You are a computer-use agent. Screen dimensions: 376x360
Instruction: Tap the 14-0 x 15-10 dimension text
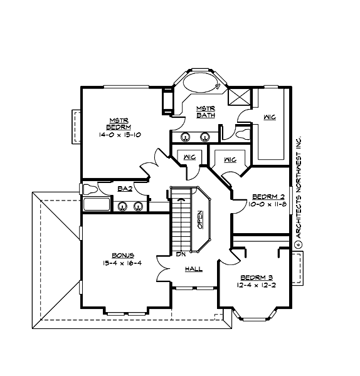(119, 135)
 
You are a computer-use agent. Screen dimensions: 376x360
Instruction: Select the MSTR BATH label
(206, 111)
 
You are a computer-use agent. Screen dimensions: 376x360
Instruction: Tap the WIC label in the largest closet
(270, 117)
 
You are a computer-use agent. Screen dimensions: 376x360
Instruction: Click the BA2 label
(124, 189)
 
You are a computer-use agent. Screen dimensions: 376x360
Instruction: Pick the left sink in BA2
(121, 205)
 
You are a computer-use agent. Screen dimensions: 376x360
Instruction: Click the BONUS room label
(122, 255)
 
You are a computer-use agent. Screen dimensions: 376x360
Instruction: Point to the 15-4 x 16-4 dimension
(122, 264)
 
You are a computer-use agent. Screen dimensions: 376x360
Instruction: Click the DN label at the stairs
(179, 255)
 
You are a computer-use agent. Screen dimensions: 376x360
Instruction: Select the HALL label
(193, 269)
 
